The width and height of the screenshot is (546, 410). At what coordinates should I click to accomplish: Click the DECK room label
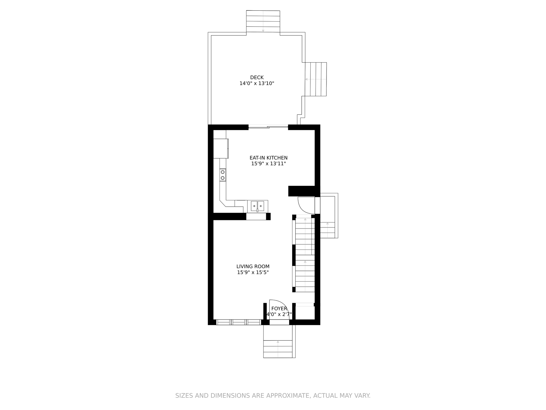click(257, 78)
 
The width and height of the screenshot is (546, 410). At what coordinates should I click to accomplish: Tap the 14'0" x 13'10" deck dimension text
click(257, 83)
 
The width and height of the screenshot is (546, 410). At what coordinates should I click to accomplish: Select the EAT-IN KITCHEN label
click(269, 158)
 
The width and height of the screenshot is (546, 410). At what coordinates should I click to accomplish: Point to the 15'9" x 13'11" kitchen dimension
click(269, 164)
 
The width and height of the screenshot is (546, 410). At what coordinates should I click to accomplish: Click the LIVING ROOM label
click(253, 266)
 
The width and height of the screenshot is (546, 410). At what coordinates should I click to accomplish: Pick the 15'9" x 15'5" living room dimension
click(253, 272)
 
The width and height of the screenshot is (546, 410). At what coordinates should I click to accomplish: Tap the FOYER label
click(279, 309)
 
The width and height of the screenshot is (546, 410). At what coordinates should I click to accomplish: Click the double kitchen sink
click(257, 206)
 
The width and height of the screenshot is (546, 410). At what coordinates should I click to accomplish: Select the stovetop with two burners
click(223, 175)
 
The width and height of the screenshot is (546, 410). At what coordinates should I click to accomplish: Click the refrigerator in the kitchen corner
click(221, 148)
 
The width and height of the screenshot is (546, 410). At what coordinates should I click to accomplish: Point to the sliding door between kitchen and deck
click(268, 127)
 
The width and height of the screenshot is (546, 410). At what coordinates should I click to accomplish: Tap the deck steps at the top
click(263, 21)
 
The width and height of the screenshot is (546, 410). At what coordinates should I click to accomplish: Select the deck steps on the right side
click(316, 79)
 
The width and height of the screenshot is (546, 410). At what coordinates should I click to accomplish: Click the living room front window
click(239, 322)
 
